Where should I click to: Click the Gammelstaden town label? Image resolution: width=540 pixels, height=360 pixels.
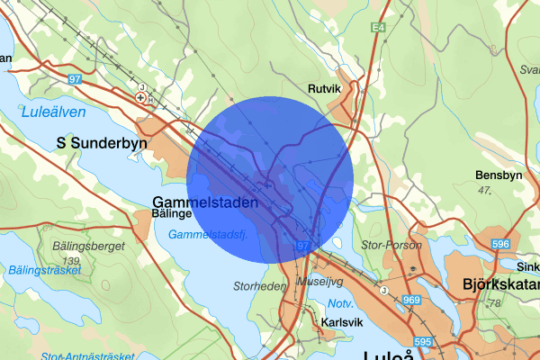(x=206, y=202)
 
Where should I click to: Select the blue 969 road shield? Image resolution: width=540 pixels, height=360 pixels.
(x=412, y=300)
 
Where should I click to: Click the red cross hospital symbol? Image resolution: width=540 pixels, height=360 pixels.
(x=140, y=96)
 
